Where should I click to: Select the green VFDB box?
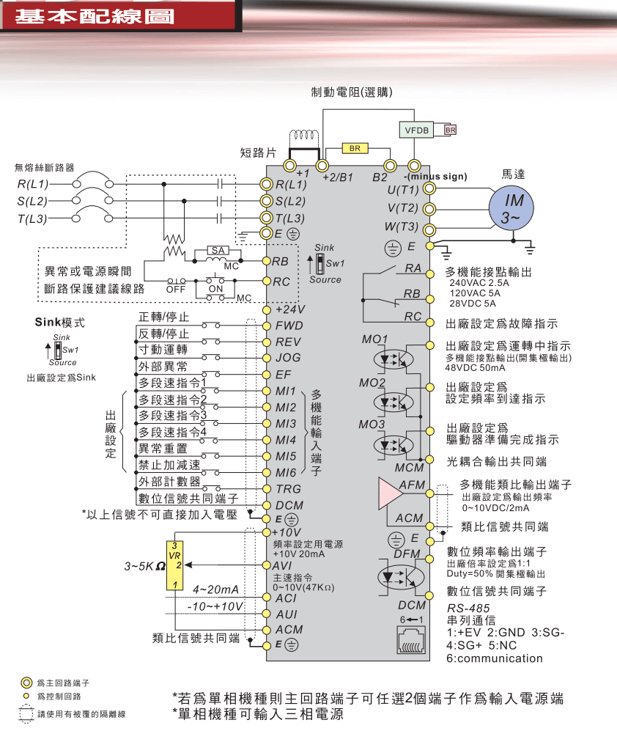point(415,130)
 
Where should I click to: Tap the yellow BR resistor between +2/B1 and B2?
point(354,149)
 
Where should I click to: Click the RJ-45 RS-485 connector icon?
point(410,642)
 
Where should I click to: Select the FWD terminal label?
point(289,326)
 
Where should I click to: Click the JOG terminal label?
point(288,359)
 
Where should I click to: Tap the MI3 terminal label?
point(286,424)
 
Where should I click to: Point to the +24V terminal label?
point(289,309)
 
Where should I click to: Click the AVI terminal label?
point(284,565)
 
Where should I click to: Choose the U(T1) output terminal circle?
point(429,189)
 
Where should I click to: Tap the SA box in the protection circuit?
point(218,251)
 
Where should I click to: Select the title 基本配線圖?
point(95,16)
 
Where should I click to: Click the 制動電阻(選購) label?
point(352,92)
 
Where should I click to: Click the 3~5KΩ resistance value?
point(144,567)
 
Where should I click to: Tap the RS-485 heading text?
point(468,609)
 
